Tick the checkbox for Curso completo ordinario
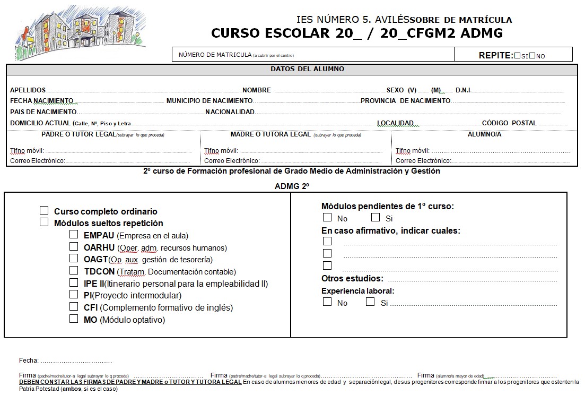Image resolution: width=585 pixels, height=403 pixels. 44,211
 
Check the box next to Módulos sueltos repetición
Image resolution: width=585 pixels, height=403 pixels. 44,222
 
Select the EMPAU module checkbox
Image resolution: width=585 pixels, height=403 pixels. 74,235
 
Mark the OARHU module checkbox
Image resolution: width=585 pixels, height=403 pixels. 74,247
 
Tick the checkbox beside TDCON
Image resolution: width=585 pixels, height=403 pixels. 74,271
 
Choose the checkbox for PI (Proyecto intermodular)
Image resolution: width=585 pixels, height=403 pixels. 74,295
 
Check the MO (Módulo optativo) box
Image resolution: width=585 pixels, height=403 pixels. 74,319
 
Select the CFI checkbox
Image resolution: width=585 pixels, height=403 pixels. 74,307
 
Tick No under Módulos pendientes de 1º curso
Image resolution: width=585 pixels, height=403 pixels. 327,218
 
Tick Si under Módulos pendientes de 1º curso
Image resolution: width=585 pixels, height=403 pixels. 376,218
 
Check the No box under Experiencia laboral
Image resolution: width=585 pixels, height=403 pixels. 327,302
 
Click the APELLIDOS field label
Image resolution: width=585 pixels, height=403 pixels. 28,90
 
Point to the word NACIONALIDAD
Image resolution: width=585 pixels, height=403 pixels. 230,112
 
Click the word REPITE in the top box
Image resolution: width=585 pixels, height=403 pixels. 495,55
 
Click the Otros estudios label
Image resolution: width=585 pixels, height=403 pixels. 352,278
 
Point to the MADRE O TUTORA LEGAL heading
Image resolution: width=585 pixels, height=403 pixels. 270,134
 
